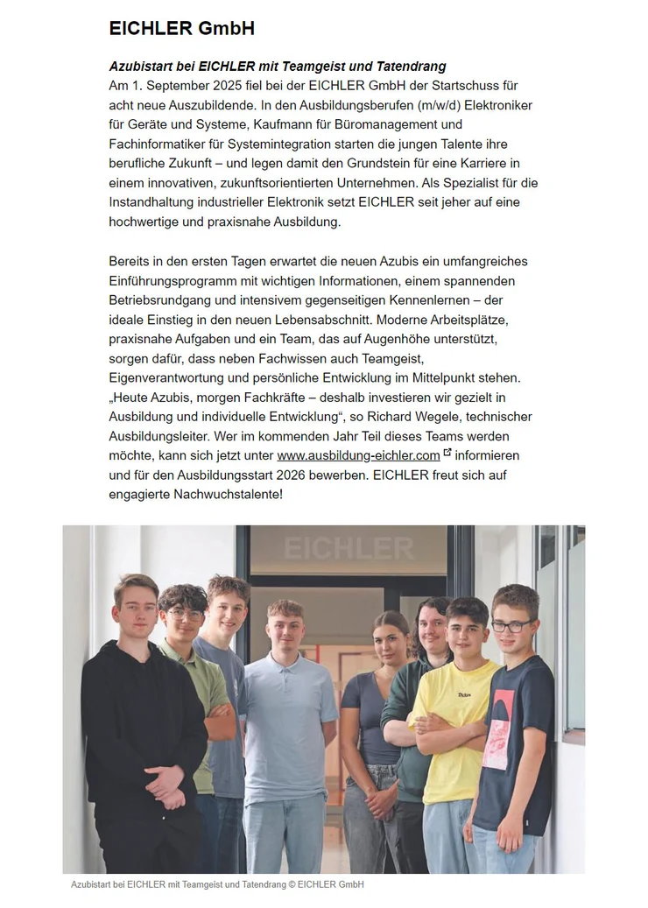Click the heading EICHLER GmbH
[x=181, y=29]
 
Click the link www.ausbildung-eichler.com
[x=358, y=455]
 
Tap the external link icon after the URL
[x=447, y=453]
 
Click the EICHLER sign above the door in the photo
[x=349, y=549]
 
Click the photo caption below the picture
[x=217, y=884]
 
